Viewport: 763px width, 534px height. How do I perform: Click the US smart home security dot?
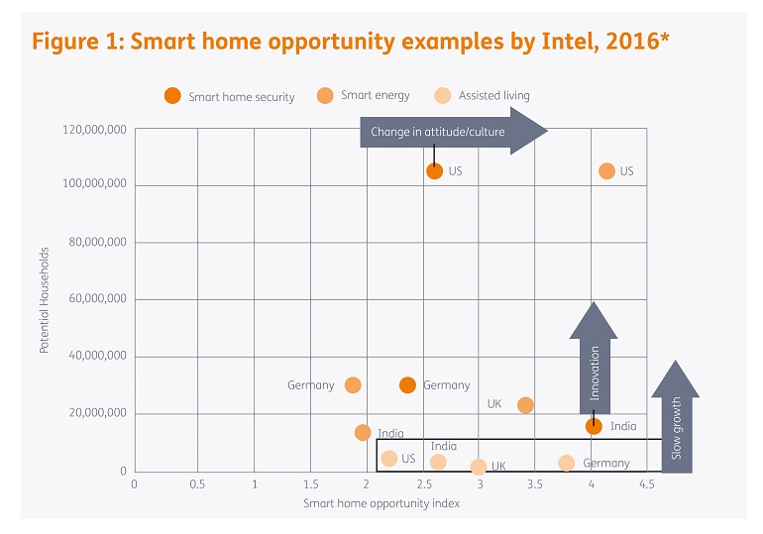[434, 170]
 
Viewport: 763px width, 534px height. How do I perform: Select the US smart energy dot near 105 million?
[606, 170]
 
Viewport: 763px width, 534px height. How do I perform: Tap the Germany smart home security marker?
[407, 384]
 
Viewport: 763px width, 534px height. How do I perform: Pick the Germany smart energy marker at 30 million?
[353, 384]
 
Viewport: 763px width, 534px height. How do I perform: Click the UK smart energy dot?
[525, 404]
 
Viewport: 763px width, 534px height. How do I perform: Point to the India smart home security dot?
[594, 426]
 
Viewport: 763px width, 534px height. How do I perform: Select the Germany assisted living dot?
[566, 463]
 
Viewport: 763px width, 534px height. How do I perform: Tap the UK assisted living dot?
[479, 467]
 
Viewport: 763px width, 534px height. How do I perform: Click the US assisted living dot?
[389, 458]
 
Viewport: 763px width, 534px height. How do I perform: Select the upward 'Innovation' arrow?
[595, 357]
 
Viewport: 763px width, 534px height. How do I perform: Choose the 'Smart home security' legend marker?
[172, 96]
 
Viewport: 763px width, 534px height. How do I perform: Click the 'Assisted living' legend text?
[493, 96]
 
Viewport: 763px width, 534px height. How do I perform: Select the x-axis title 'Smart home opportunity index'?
[381, 503]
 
